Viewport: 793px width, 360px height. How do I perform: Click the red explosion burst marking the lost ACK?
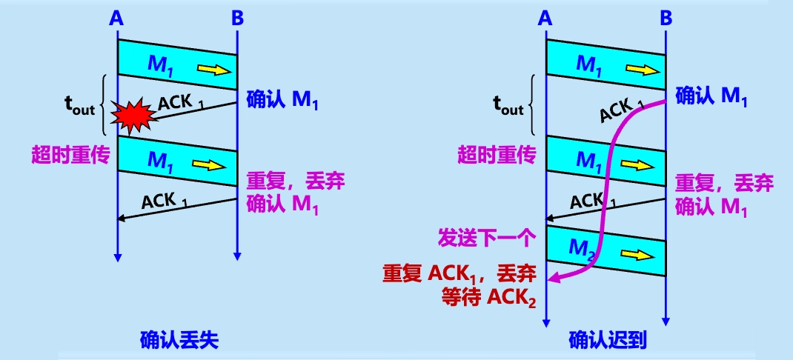tap(133, 113)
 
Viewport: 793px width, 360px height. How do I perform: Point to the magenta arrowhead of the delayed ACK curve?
tap(553, 279)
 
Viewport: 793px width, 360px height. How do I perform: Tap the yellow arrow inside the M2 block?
tap(642, 254)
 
